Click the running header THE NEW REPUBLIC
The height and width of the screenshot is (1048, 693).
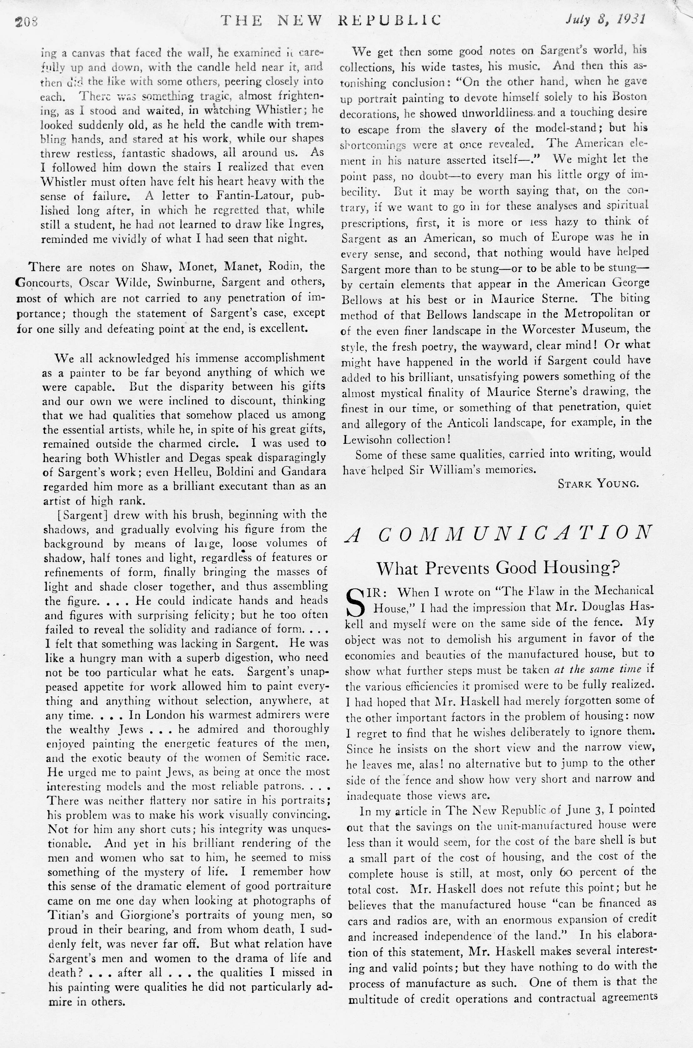coord(331,20)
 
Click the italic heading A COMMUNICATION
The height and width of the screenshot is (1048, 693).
coord(499,534)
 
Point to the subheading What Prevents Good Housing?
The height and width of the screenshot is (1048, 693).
coord(498,568)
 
